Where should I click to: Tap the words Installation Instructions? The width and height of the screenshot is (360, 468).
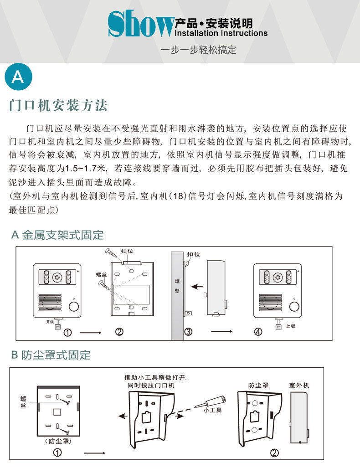pos(221,33)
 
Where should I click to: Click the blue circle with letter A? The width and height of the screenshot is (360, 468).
pos(18,77)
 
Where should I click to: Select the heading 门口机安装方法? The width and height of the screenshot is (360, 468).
pos(59,106)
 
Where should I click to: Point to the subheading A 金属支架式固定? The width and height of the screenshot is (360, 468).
pos(57,235)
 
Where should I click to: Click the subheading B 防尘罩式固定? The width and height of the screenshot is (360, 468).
pos(51,355)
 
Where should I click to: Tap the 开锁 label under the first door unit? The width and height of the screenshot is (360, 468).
pos(50,321)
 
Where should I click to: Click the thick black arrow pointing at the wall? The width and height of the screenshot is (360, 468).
pos(197,287)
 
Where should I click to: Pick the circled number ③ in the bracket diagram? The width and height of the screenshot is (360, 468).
pos(188,332)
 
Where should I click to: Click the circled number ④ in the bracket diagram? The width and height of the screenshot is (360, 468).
pos(258,332)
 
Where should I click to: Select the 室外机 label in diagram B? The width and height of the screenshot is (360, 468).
pos(299,385)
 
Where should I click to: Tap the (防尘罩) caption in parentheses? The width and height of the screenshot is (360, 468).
pos(59,441)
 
